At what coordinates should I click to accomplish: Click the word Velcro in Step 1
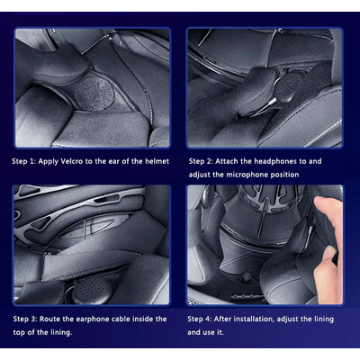[72, 161]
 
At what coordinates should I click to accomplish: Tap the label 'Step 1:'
[23, 162]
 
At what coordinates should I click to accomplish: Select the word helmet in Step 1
[157, 161]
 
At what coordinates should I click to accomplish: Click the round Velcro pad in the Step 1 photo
[94, 95]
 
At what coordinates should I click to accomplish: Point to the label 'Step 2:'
[201, 162]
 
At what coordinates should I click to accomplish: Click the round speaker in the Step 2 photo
[286, 85]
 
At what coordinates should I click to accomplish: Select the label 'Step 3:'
[25, 319]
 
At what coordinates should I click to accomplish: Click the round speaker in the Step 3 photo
[93, 290]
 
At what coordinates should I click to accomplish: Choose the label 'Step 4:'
[200, 319]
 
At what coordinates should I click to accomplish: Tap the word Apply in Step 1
[49, 162]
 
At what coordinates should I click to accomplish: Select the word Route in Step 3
[50, 319]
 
